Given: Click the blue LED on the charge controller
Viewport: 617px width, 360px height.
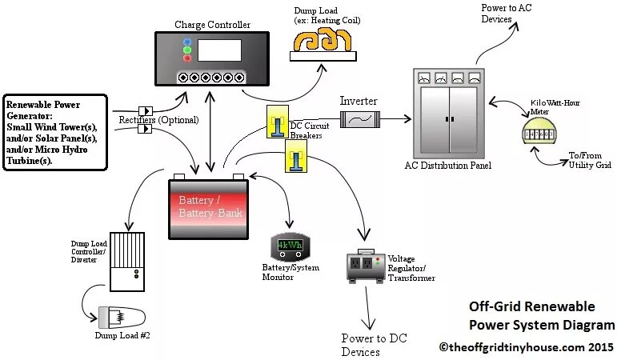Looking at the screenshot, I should point(186,42).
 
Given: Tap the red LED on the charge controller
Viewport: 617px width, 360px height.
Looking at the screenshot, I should point(186,58).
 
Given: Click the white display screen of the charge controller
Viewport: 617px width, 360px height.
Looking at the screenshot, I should point(218,50).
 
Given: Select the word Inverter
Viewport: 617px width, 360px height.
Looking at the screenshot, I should point(358,102).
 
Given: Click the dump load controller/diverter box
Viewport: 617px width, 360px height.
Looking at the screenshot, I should point(126,262).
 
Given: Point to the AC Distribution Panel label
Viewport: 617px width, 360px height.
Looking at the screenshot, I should point(448,166).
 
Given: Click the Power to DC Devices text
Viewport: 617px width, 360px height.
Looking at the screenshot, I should point(374,345).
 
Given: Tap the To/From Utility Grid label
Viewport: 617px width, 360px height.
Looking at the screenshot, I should point(590,160).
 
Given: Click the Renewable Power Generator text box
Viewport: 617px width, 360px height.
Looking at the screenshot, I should point(54,132).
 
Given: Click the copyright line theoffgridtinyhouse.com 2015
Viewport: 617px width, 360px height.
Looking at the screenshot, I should point(527,347).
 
